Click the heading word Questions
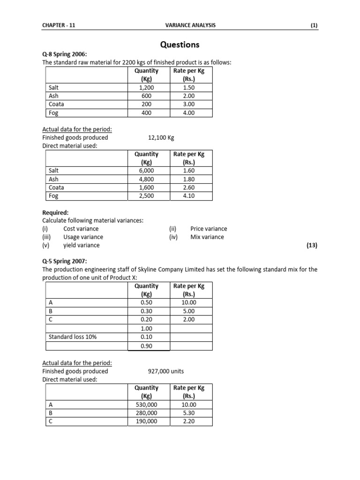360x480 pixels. click(x=180, y=45)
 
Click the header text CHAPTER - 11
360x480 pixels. click(x=59, y=25)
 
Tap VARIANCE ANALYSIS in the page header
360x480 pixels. click(x=191, y=25)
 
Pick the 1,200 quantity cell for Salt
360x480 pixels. click(x=146, y=88)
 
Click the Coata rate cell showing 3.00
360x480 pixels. click(x=188, y=105)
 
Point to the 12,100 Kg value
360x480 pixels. click(x=161, y=138)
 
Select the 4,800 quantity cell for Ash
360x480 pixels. click(x=146, y=179)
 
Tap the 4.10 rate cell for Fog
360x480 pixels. click(x=188, y=196)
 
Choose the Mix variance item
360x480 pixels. click(x=207, y=237)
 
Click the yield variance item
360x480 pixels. click(x=82, y=245)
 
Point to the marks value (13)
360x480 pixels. click(x=312, y=245)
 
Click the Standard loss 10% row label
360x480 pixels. click(x=73, y=337)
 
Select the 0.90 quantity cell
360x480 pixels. click(x=146, y=346)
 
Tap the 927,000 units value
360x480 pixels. click(x=165, y=371)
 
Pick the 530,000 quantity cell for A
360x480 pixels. click(x=146, y=405)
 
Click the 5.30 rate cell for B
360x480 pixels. click(x=188, y=413)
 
